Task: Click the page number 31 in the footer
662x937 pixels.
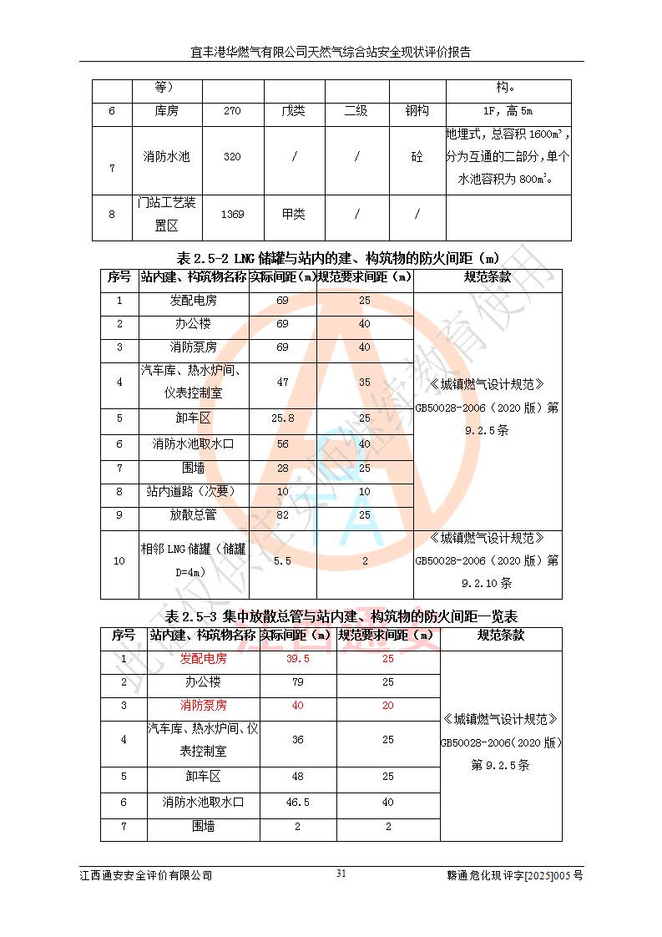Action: click(x=341, y=874)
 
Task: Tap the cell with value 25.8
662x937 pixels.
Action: click(x=282, y=418)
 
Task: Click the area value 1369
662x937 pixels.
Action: click(x=232, y=215)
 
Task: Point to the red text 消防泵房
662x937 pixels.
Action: click(x=204, y=706)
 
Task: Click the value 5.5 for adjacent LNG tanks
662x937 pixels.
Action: click(x=282, y=561)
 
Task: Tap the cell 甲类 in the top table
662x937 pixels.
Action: click(x=294, y=215)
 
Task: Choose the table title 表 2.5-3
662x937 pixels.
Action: click(x=341, y=616)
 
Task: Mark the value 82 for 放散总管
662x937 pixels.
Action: click(x=282, y=515)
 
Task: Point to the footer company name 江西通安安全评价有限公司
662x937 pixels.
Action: click(x=146, y=875)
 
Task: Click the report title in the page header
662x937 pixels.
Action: click(x=331, y=52)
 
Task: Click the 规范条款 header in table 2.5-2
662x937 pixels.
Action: click(x=488, y=277)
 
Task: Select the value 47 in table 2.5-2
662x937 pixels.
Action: click(x=282, y=382)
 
